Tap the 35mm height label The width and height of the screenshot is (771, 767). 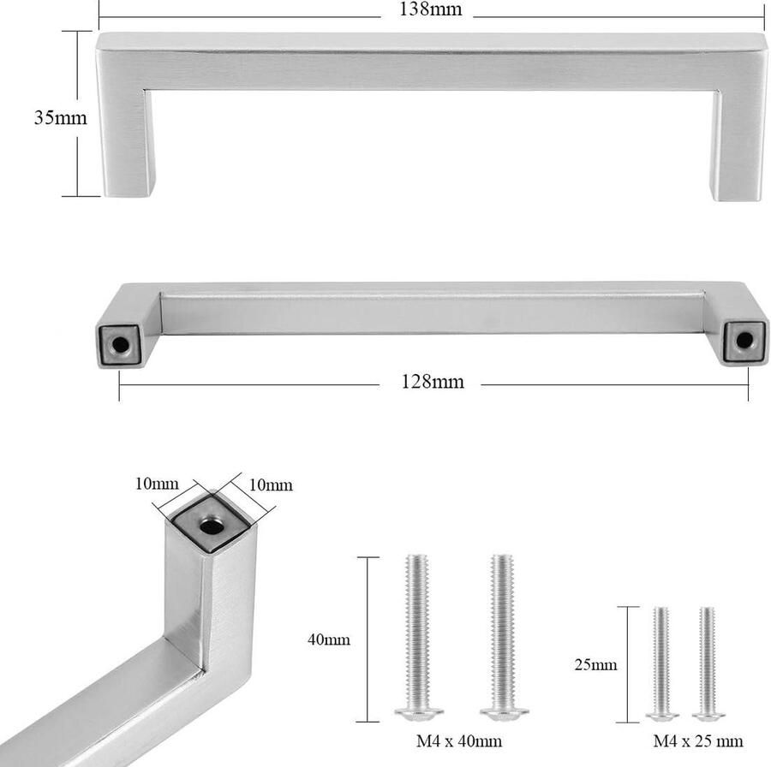tap(60, 118)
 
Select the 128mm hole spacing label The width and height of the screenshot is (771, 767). tap(432, 382)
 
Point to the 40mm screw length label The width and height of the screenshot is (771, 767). tap(329, 639)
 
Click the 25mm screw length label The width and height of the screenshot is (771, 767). tap(597, 664)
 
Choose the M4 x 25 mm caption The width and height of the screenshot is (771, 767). tap(697, 740)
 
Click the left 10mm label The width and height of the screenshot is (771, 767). tap(157, 483)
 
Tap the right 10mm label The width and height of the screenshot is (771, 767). tap(270, 485)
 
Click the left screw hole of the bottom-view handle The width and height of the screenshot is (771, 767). tap(120, 343)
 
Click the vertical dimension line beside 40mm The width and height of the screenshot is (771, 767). tap(368, 639)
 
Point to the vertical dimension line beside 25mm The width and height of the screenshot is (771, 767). tap(629, 663)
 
